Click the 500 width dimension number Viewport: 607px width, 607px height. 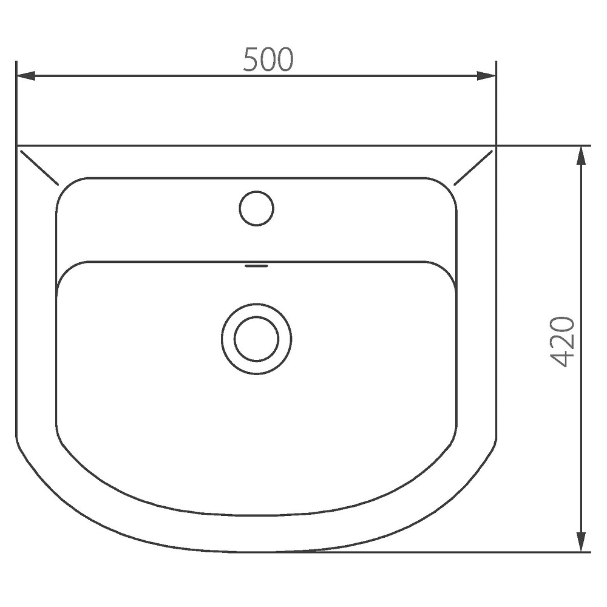[x=268, y=59]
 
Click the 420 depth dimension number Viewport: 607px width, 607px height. [x=562, y=342]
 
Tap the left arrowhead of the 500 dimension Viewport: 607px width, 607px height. [x=26, y=76]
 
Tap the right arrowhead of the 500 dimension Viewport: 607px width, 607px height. [x=486, y=76]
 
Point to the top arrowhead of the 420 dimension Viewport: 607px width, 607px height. [x=581, y=156]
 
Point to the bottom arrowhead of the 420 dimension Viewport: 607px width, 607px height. [x=581, y=541]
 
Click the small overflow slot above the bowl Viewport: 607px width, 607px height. [x=256, y=266]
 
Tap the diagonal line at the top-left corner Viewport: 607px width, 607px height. [x=39, y=168]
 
